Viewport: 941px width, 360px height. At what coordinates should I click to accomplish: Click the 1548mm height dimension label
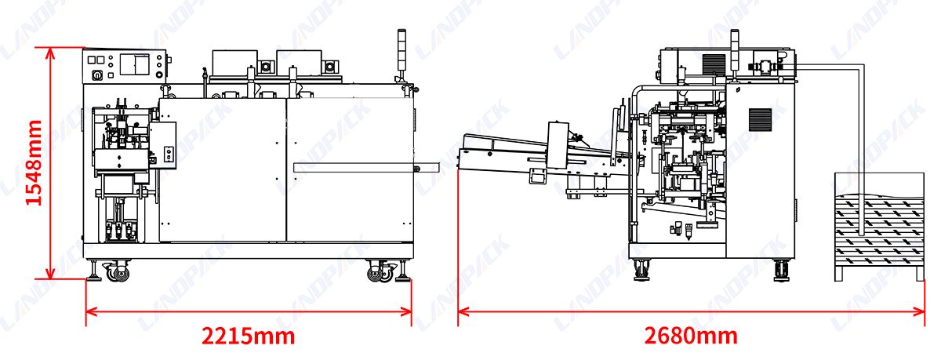coord(34,162)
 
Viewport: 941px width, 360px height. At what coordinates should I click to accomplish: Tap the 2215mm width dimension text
coord(249,336)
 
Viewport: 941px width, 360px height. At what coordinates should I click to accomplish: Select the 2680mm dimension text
coord(691,336)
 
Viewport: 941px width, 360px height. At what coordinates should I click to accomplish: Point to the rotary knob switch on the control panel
coord(97,75)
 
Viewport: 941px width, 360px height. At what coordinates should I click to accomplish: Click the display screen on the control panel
coord(134,64)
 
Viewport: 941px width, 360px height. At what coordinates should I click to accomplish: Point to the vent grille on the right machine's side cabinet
coord(761,119)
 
